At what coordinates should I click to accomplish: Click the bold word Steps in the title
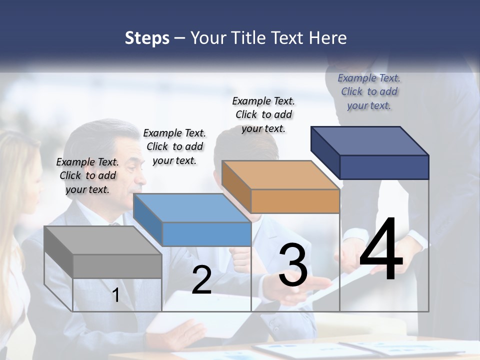147,38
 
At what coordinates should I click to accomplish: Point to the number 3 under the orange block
293,265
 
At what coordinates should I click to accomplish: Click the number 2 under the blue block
201,280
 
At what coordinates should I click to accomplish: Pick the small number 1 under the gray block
115,295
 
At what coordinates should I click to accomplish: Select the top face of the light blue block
192,208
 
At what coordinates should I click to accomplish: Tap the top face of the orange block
280,175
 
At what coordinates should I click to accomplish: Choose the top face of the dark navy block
369,141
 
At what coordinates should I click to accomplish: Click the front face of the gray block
117,266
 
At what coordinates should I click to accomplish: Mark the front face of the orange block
295,201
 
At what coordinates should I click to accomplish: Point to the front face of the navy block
384,167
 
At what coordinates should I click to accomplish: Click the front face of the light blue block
206,234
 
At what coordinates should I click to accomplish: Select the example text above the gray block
87,175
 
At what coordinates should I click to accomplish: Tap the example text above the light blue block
174,146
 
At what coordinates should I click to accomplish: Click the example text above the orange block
263,114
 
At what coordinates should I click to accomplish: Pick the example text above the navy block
369,91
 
